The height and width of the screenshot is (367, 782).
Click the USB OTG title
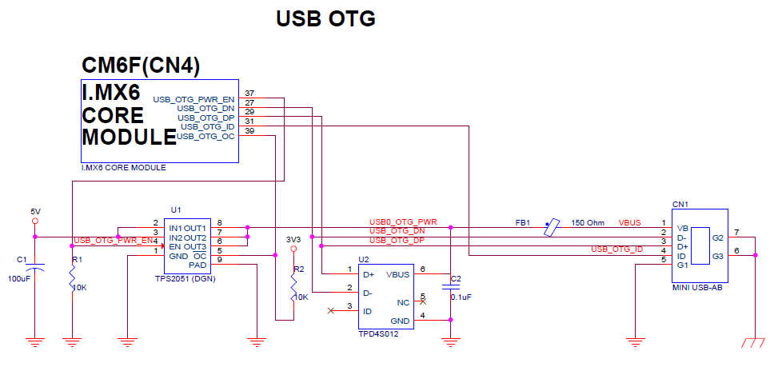pyautogui.click(x=325, y=18)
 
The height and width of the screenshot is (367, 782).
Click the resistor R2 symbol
pyautogui.click(x=293, y=284)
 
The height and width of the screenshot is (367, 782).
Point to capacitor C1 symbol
pyautogui.click(x=34, y=263)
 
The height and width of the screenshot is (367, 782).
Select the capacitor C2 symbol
pyautogui.click(x=450, y=289)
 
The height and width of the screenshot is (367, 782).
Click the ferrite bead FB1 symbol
pyautogui.click(x=549, y=227)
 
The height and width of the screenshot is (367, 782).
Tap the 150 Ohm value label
pyautogui.click(x=588, y=222)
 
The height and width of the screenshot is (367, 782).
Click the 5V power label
pyautogui.click(x=34, y=211)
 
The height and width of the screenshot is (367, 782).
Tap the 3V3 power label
pyautogui.click(x=293, y=238)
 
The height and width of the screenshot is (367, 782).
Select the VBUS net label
pyautogui.click(x=630, y=222)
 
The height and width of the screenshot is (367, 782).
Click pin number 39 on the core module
pyautogui.click(x=249, y=130)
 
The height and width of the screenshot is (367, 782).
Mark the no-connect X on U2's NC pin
pyautogui.click(x=422, y=302)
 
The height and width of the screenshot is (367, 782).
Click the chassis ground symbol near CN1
pyautogui.click(x=752, y=342)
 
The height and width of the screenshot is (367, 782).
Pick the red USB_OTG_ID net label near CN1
pyautogui.click(x=616, y=249)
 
